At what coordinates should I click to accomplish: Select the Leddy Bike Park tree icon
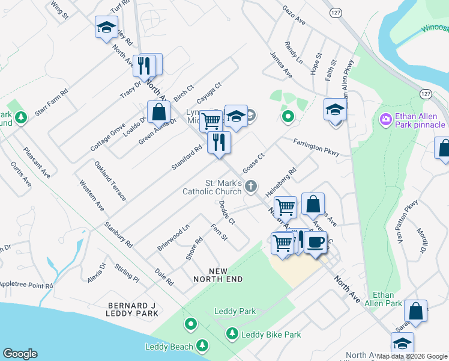point(232,333)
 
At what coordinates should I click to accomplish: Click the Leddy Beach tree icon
point(203,345)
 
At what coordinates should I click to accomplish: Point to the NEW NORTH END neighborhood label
point(218,275)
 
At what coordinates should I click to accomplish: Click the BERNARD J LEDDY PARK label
point(132,309)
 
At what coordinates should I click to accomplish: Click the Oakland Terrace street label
point(110,180)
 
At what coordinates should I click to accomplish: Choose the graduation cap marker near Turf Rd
point(106,27)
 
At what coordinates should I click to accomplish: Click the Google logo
point(20,354)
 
